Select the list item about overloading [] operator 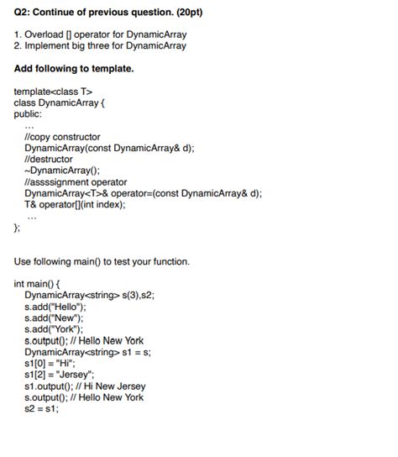pyautogui.click(x=101, y=34)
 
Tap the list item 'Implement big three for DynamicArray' pyautogui.click(x=101, y=45)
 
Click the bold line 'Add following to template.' pyautogui.click(x=74, y=68)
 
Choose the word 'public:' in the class pyautogui.click(x=29, y=113)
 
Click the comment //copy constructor pyautogui.click(x=63, y=136)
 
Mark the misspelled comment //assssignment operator pyautogui.click(x=76, y=181)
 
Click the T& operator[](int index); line pyautogui.click(x=76, y=204)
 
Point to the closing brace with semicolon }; pyautogui.click(x=18, y=227)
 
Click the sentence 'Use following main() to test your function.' pyautogui.click(x=102, y=261)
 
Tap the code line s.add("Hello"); pyautogui.click(x=56, y=307)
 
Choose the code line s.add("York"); pyautogui.click(x=55, y=329)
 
